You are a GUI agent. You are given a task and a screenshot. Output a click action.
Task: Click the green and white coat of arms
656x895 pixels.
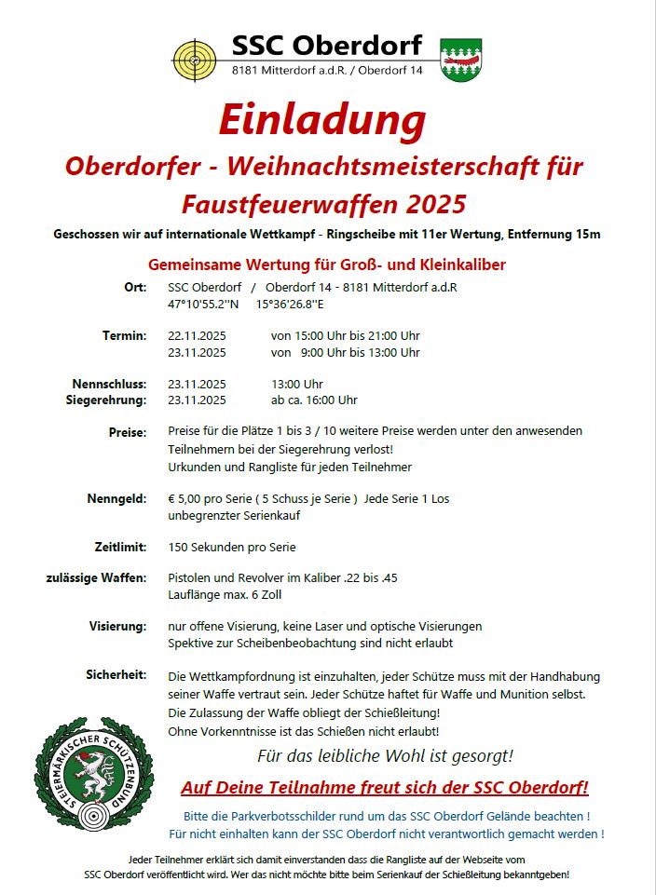459,60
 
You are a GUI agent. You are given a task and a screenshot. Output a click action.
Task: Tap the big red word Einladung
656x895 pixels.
321,119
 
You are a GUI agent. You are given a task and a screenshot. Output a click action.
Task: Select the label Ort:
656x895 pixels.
135,287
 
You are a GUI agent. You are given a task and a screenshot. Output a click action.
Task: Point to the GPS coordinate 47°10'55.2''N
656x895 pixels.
203,304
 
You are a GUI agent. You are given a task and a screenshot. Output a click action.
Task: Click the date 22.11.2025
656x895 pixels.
197,335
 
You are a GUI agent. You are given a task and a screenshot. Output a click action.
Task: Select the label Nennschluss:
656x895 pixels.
109,384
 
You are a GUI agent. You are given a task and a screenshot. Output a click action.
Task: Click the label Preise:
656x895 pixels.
128,432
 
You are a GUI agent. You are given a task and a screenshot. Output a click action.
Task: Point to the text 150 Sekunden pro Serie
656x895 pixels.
232,547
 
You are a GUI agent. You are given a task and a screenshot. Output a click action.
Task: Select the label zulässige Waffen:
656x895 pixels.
96,577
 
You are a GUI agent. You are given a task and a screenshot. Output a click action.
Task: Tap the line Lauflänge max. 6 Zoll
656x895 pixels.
225,594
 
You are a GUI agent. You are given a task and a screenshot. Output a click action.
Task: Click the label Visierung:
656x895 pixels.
117,626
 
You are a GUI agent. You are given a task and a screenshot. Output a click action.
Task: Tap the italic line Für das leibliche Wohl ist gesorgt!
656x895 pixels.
385,755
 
